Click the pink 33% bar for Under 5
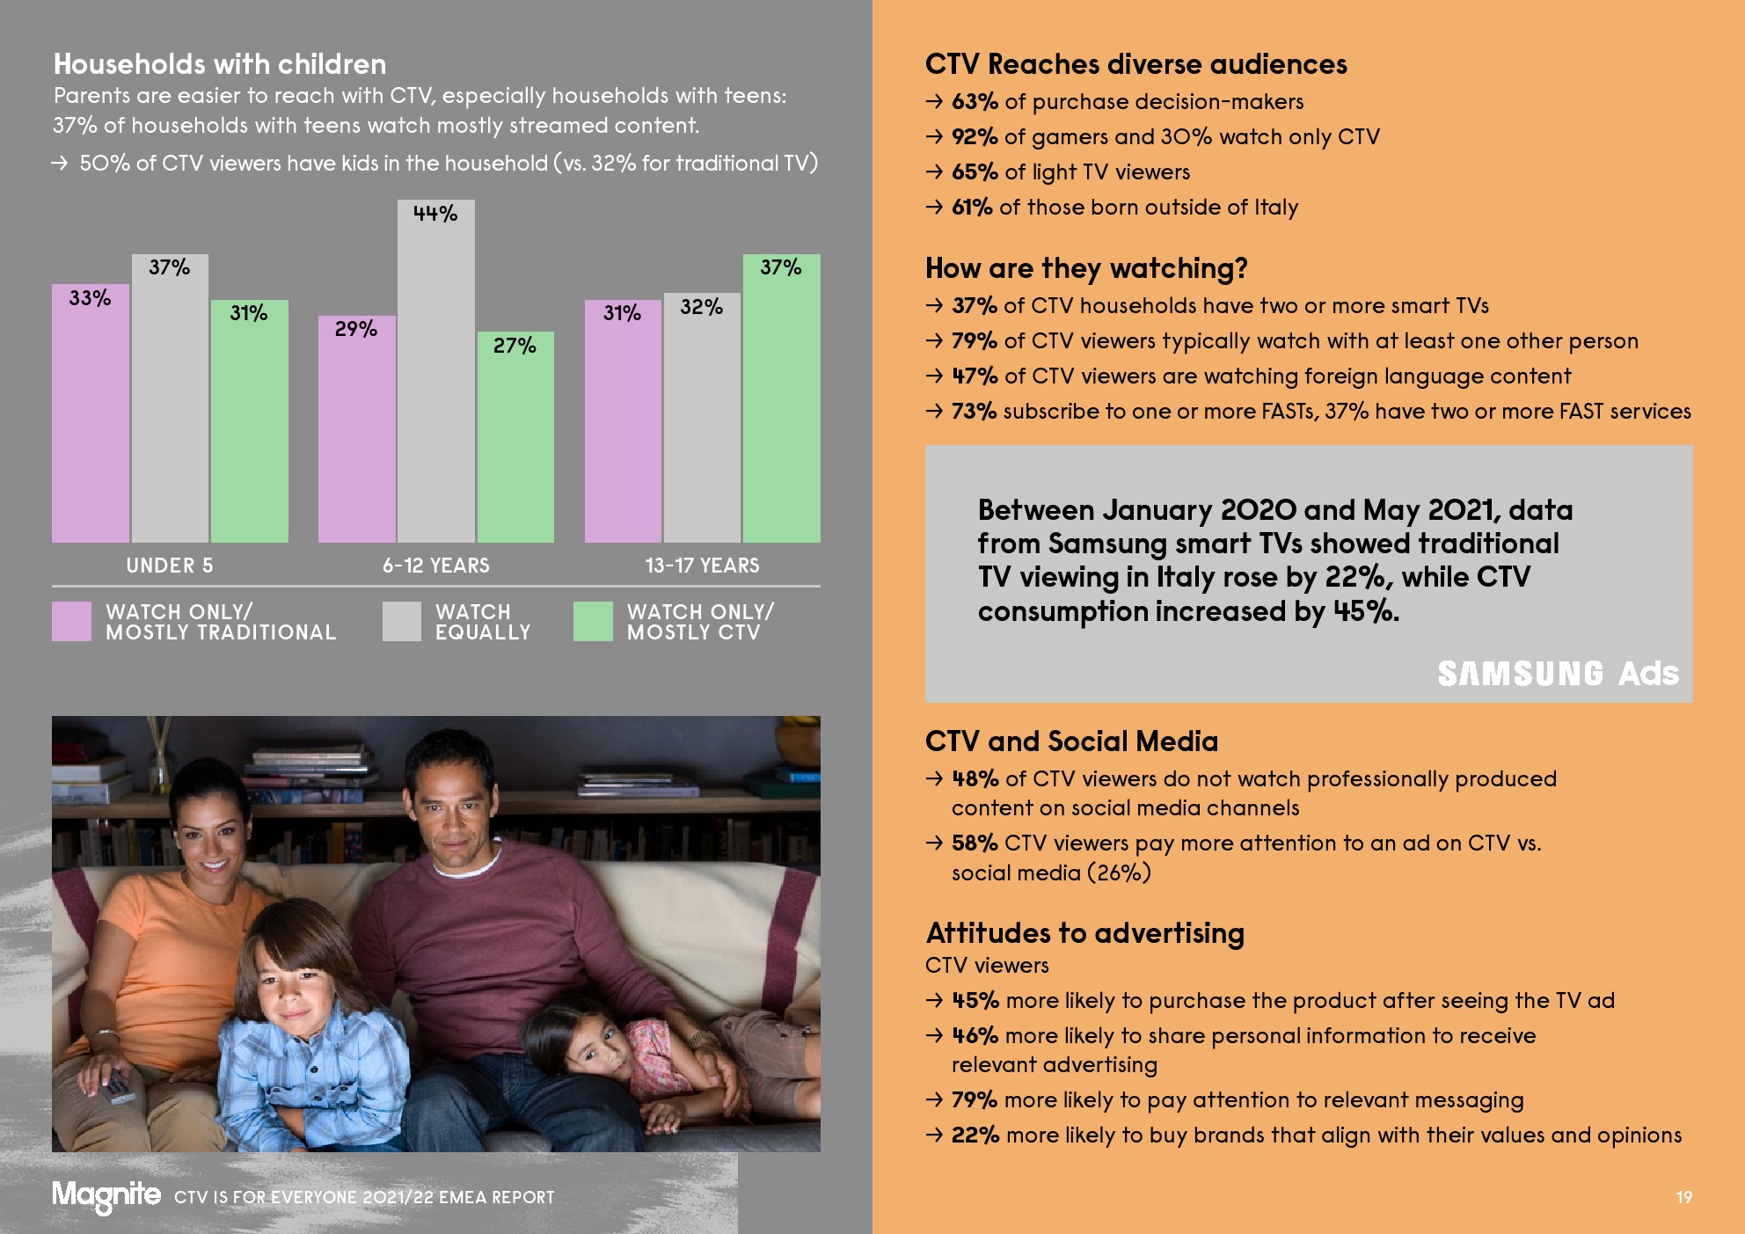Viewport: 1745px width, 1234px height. click(x=90, y=413)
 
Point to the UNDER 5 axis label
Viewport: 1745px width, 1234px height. click(x=170, y=566)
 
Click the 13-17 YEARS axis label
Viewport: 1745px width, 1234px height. click(x=702, y=566)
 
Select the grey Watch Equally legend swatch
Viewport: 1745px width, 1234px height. click(x=402, y=621)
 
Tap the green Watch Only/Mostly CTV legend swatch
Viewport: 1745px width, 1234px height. click(x=593, y=621)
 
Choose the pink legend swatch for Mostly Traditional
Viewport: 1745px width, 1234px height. click(x=71, y=621)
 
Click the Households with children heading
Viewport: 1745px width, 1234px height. click(x=220, y=64)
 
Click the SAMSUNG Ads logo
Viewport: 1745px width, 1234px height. click(x=1558, y=674)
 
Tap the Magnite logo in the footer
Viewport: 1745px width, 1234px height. click(x=106, y=1195)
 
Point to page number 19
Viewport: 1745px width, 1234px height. click(x=1683, y=1197)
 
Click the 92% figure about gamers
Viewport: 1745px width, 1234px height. click(x=975, y=137)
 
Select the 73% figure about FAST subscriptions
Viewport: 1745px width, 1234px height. click(x=974, y=412)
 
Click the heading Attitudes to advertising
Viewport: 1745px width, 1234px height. click(x=1084, y=933)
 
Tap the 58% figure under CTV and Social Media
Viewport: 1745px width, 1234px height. click(x=974, y=843)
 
